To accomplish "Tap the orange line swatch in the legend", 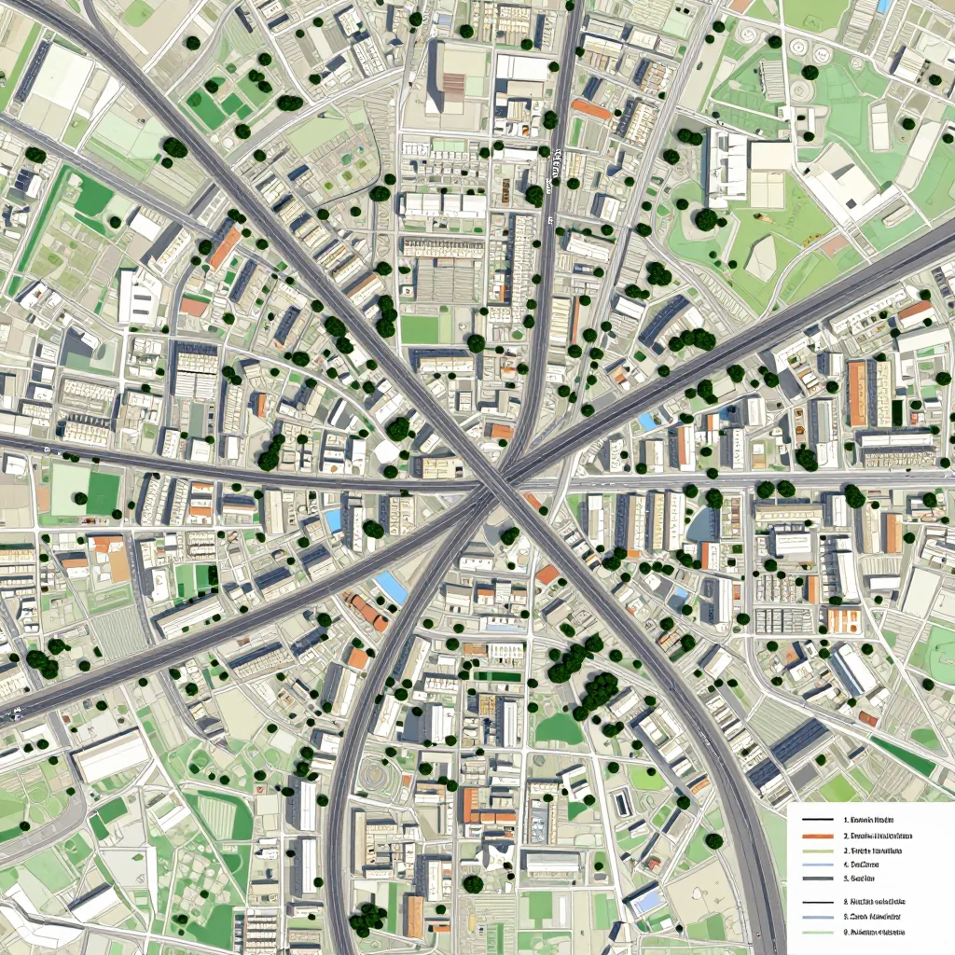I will pos(817,836).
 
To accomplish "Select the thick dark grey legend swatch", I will pos(817,878).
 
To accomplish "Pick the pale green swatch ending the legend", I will pos(817,932).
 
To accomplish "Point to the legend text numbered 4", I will pos(866,865).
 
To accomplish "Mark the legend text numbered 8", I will pos(877,902).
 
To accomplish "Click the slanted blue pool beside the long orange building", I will pos(391,587).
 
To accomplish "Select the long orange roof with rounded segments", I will pos(367,611).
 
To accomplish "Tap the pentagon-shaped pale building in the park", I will pos(761,256).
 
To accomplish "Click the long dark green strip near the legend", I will pos(903,758).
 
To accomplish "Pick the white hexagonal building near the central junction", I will pos(387,452).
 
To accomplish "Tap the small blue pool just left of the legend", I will pos(644,901).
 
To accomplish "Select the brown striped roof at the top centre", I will pos(452,87).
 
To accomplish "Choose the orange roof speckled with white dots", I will pos(844,618).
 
